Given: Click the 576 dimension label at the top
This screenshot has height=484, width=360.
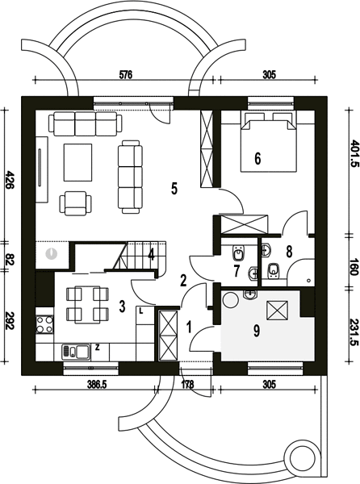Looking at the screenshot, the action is tap(126, 75).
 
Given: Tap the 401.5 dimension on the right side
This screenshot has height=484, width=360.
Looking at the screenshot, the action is tap(354, 153).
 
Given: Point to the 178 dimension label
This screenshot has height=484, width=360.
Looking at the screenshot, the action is tap(187, 385).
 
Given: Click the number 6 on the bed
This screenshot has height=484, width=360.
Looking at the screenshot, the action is tap(257, 158).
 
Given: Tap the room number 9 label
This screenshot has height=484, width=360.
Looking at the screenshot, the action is tap(257, 331).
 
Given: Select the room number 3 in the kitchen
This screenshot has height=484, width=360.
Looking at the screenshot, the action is tap(122, 307).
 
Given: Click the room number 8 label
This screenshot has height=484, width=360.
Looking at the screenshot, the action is tap(289, 252).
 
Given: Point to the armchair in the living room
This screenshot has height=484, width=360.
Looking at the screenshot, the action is tap(75, 203).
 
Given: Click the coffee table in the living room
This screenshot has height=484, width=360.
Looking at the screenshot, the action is tap(77, 162).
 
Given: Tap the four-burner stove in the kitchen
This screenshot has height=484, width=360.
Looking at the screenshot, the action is tap(44, 324).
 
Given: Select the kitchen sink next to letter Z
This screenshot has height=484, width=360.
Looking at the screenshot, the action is tap(76, 351).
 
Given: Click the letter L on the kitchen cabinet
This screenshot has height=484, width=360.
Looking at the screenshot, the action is tap(141, 311).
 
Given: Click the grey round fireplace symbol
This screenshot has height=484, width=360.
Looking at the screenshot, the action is tap(52, 253).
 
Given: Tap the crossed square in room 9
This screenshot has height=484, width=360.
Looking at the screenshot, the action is tap(277, 311).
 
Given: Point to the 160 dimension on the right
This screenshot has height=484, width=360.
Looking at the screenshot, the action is tap(354, 267).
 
